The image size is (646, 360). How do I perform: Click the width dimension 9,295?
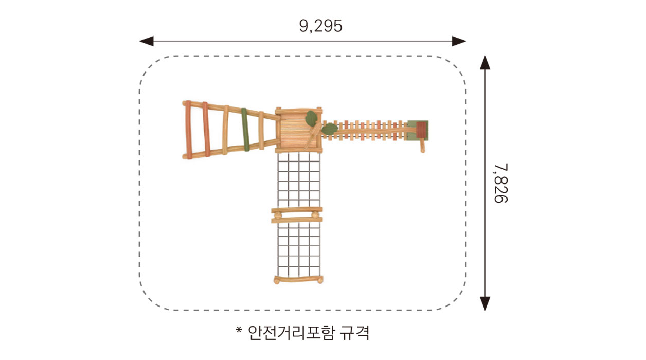pos(320,26)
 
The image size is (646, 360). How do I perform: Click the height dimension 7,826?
pos(500,183)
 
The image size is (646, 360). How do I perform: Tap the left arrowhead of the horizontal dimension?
pos(146,41)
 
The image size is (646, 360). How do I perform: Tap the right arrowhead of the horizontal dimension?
pos(459,41)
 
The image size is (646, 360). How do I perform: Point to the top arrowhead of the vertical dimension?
pos(485,63)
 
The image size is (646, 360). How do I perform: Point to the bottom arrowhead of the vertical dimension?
pos(485,303)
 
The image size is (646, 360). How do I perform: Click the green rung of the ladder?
pos(245,130)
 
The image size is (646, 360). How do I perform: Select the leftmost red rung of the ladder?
pos(188,130)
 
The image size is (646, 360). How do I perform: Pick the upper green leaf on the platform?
pos(312,118)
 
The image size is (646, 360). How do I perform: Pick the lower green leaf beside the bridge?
pos(329,129)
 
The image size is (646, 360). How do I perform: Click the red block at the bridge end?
pos(421,130)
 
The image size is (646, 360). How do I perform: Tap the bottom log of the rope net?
pos(298,280)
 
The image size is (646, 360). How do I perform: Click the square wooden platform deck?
pos(298,131)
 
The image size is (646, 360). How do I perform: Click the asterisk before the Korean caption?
pos(239,330)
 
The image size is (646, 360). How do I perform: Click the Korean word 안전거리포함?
pos(291,333)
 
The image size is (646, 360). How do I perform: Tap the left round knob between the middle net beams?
pos(277,215)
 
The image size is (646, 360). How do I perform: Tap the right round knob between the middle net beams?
pos(315,215)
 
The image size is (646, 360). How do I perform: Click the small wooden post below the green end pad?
pos(422,146)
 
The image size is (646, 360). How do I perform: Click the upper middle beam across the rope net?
pos(297,210)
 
